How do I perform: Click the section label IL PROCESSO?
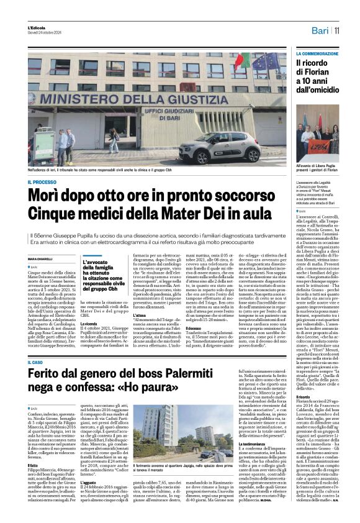[x=42, y=182]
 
